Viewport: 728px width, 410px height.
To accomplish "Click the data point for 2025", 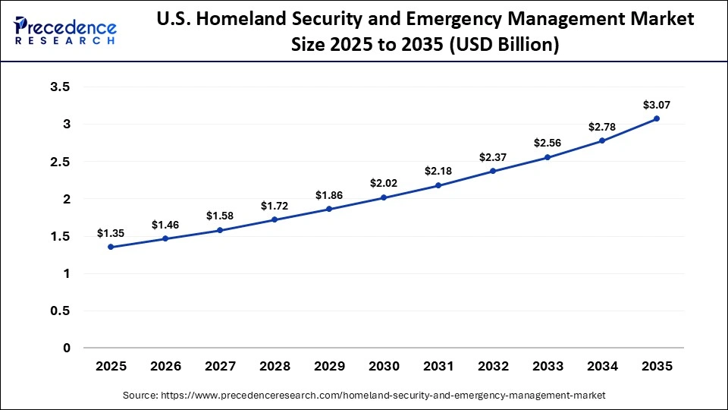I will (x=111, y=247).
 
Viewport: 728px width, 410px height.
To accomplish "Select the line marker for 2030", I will (x=384, y=197).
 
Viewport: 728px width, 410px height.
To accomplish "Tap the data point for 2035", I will (x=657, y=118).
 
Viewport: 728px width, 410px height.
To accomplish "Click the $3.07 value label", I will (x=657, y=105).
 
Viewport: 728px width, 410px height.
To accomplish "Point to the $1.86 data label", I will (x=329, y=195).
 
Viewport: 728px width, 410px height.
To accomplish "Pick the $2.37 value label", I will (x=493, y=157).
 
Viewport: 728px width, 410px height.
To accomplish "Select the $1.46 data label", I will (x=165, y=225).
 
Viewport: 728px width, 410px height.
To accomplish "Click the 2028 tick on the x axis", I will (x=275, y=366).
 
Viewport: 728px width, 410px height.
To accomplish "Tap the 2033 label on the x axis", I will (x=548, y=366).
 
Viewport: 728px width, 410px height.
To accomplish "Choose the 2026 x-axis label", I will (x=165, y=366).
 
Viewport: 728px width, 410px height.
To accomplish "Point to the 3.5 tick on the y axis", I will (x=60, y=87).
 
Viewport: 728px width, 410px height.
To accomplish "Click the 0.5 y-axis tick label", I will (x=60, y=311).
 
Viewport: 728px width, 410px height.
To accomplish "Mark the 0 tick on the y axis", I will (x=66, y=348).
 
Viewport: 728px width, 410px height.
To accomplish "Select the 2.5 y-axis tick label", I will (x=60, y=162).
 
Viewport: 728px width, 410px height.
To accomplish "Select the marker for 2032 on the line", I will (x=493, y=171).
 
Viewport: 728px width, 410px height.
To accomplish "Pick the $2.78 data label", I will (x=602, y=127).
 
